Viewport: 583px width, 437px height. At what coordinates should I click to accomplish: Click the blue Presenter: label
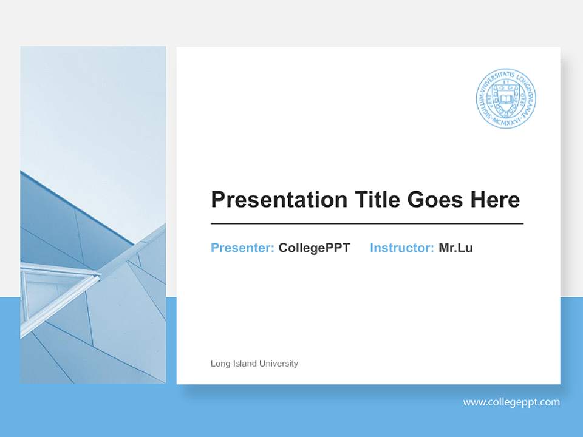[x=242, y=248]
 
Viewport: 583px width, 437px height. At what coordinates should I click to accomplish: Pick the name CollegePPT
[x=314, y=248]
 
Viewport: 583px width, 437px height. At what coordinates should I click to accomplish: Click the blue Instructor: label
[x=401, y=248]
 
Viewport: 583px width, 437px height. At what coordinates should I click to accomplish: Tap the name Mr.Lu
[x=455, y=248]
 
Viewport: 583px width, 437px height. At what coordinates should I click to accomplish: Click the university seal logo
[x=506, y=98]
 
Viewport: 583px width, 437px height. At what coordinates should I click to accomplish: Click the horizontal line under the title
[x=367, y=224]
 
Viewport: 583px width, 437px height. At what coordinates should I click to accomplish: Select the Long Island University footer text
[x=254, y=364]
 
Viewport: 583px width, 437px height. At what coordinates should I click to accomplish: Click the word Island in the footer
[x=244, y=364]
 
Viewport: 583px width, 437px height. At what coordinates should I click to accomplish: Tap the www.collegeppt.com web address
[x=511, y=402]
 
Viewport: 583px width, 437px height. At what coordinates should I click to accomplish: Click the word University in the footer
[x=278, y=364]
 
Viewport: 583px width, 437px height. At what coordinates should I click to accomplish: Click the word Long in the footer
[x=219, y=364]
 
